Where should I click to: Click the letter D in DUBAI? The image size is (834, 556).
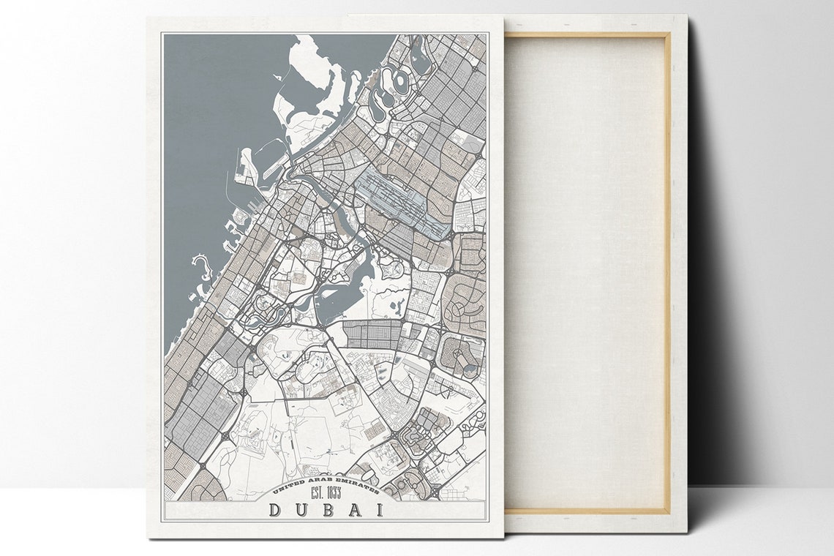tap(277, 509)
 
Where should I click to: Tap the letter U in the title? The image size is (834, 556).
tap(301, 509)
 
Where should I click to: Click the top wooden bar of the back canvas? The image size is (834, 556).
tap(585, 34)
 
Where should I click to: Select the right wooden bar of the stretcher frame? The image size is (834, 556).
tap(666, 271)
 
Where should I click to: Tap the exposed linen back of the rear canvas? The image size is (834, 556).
tap(585, 271)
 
